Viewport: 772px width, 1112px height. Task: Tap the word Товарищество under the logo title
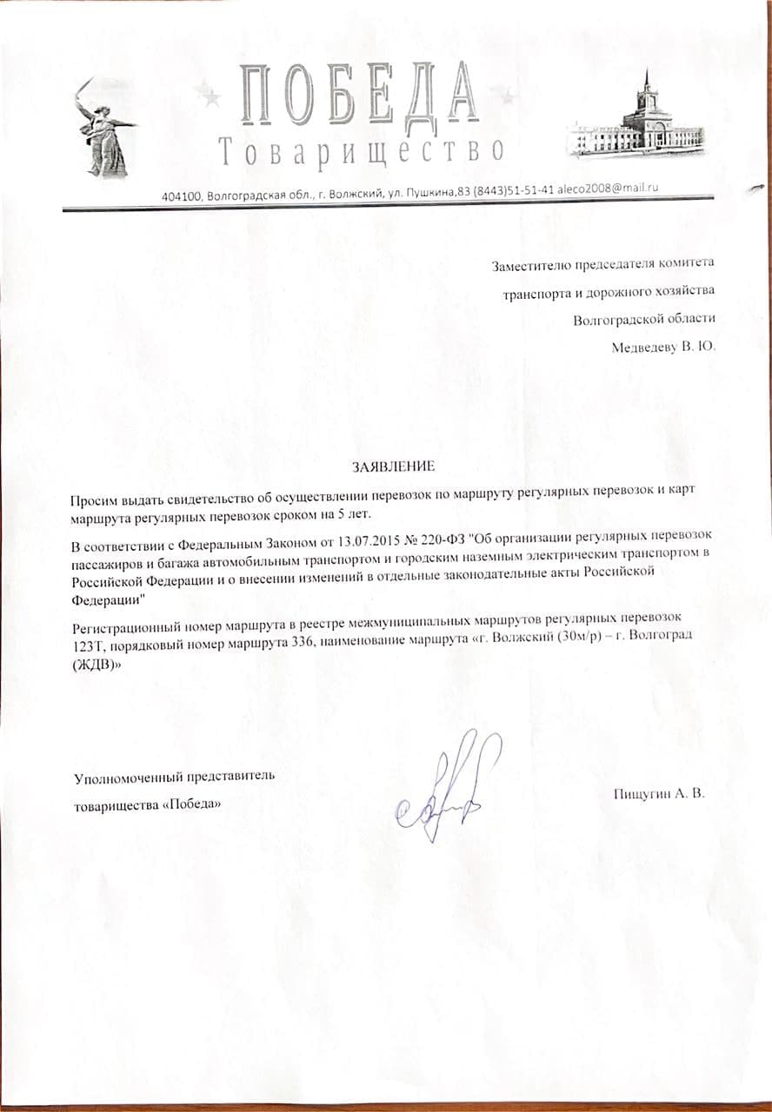tap(360, 151)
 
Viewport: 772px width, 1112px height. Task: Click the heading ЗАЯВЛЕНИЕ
tap(392, 467)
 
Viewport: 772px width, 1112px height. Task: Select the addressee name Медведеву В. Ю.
tap(663, 347)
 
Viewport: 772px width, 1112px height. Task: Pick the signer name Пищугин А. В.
tap(657, 793)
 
